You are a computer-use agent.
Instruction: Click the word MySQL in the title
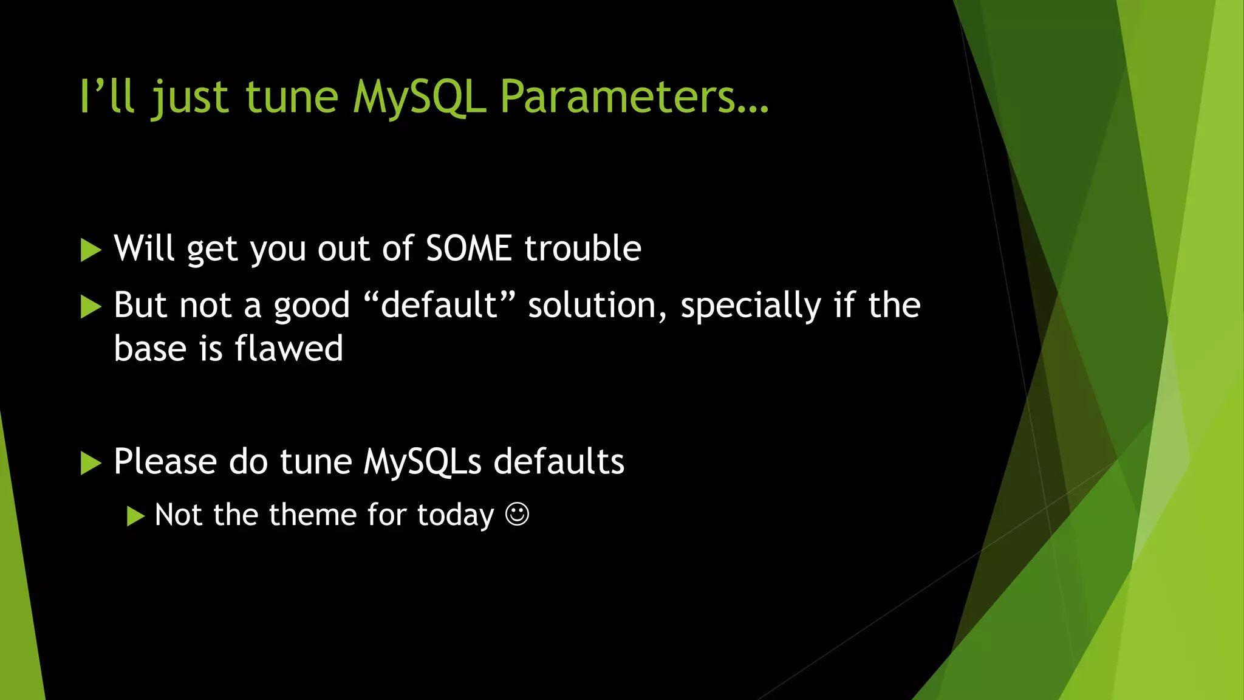[x=419, y=97]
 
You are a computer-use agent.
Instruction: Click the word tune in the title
[x=292, y=97]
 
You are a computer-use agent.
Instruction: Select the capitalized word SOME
[x=468, y=249]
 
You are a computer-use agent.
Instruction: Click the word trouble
[x=583, y=249]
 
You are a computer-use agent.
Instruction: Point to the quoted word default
[x=439, y=305]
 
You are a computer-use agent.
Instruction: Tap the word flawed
[x=289, y=349]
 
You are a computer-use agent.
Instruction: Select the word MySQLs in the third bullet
[x=422, y=462]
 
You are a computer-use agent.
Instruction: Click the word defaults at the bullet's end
[x=559, y=462]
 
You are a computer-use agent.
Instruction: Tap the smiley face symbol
[x=517, y=515]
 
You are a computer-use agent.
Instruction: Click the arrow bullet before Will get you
[x=91, y=250]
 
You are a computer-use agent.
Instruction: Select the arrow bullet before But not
[x=91, y=307]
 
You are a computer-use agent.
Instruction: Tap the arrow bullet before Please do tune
[x=91, y=463]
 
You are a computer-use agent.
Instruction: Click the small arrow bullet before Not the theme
[x=135, y=516]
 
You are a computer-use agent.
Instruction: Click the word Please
[x=165, y=462]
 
